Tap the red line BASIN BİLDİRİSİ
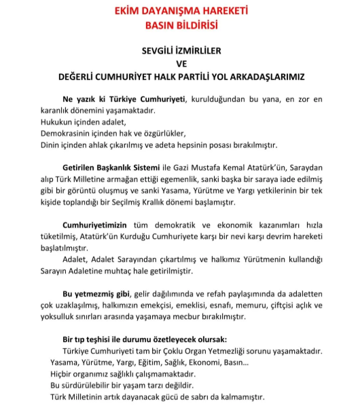click(x=179, y=26)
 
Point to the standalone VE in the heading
click(x=180, y=63)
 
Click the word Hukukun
click(x=57, y=123)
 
